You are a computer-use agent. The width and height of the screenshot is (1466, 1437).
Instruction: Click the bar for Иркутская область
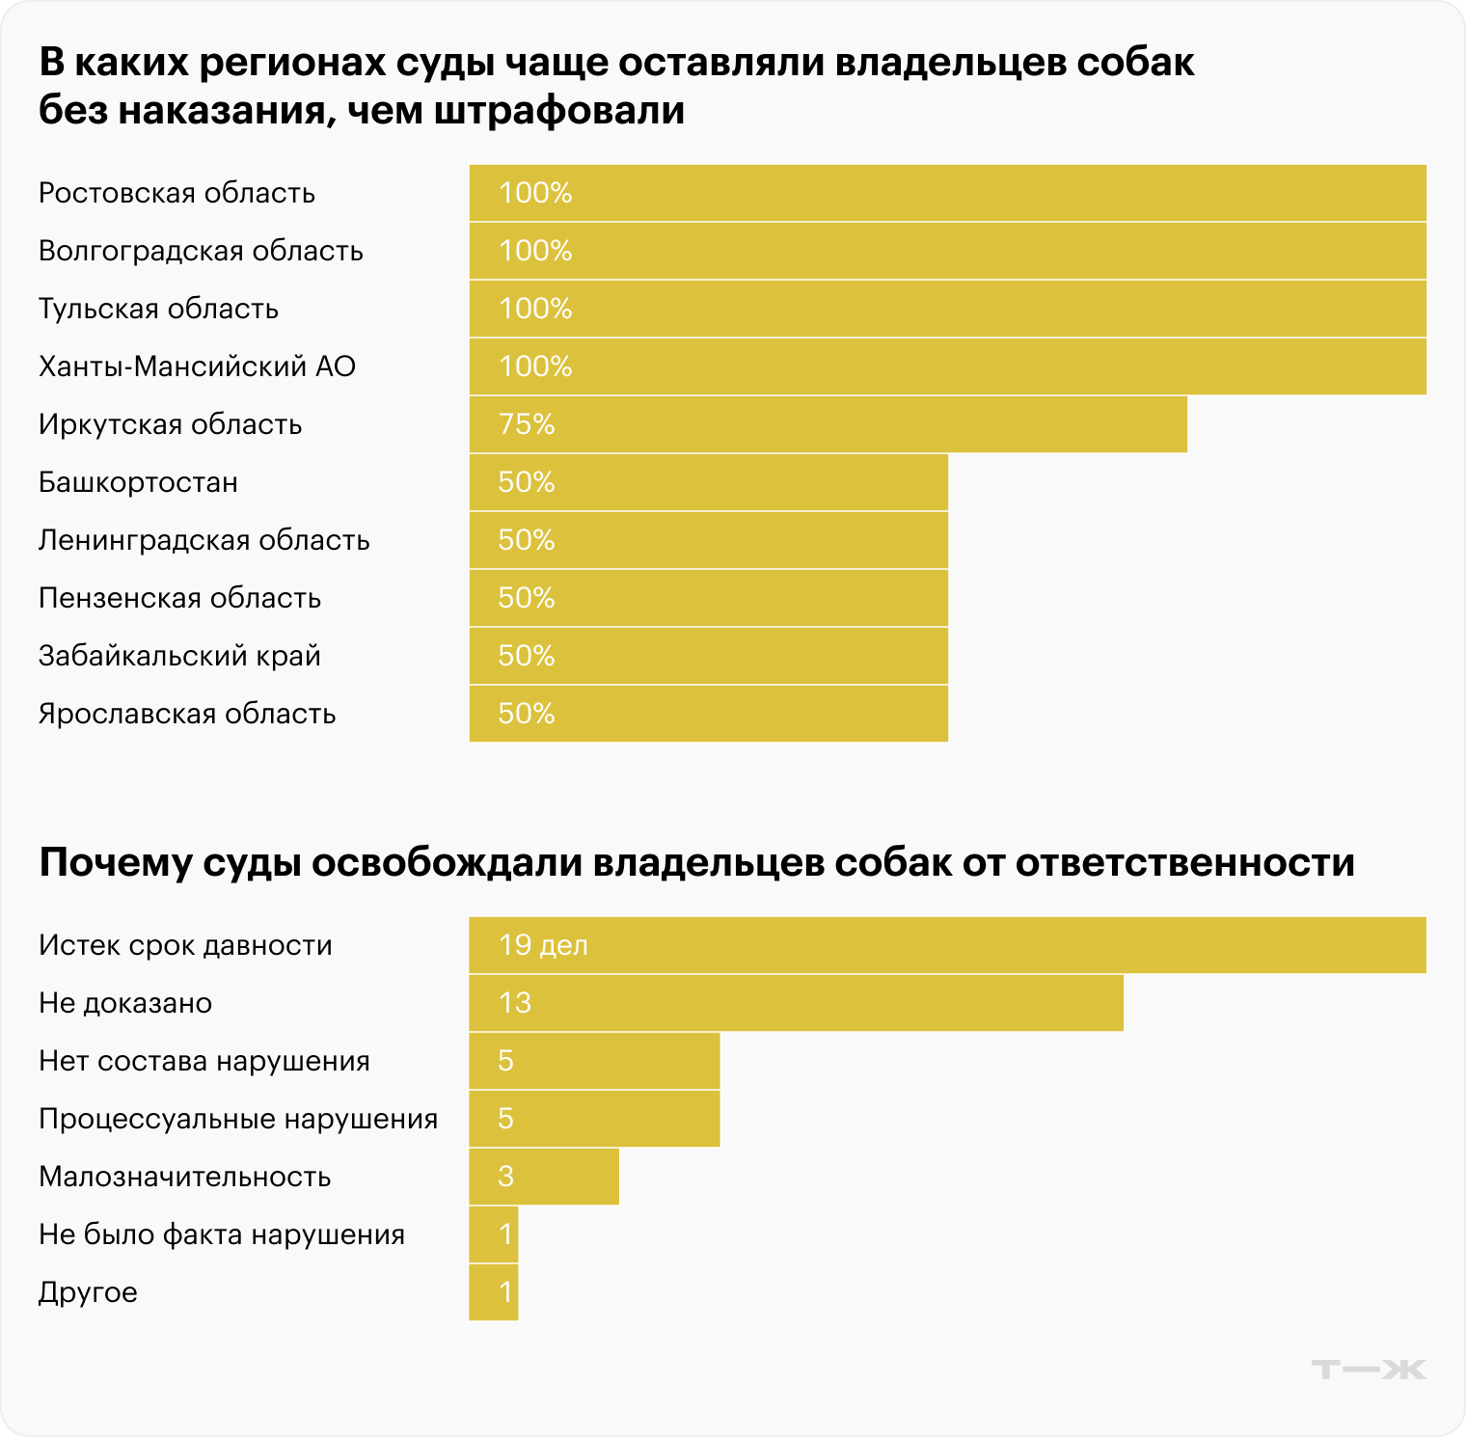tap(828, 424)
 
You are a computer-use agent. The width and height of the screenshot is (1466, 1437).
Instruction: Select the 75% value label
tap(527, 424)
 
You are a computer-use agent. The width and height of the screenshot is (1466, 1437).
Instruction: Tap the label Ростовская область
tap(176, 193)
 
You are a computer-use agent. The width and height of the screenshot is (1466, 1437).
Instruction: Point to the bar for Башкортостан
tap(708, 482)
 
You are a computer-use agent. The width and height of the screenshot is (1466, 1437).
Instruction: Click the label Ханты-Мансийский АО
tap(197, 366)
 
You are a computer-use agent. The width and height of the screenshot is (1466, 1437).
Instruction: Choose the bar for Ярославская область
tap(708, 714)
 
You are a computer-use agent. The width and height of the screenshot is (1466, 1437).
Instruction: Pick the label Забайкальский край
tap(179, 656)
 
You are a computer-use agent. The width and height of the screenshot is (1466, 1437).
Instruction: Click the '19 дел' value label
tap(543, 945)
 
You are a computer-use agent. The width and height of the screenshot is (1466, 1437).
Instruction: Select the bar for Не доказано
tap(796, 1003)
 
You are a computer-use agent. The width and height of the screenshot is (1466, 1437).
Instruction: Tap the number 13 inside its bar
tap(515, 1003)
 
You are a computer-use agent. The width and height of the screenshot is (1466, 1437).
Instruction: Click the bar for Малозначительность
tap(544, 1177)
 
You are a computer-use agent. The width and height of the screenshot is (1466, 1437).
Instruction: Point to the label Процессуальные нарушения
tap(238, 1119)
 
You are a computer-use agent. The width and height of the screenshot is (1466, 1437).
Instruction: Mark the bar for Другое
tap(494, 1292)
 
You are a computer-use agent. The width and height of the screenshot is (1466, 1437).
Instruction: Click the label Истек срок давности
tap(185, 945)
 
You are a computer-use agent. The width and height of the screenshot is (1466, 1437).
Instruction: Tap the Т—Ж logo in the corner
tap(1369, 1369)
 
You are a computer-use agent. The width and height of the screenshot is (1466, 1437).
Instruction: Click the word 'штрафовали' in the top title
tap(559, 111)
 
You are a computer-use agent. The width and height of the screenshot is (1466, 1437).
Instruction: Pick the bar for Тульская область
tap(947, 309)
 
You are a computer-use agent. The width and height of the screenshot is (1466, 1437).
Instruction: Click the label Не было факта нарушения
tap(222, 1234)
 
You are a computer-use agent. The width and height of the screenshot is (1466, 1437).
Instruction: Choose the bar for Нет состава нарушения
tap(594, 1061)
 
